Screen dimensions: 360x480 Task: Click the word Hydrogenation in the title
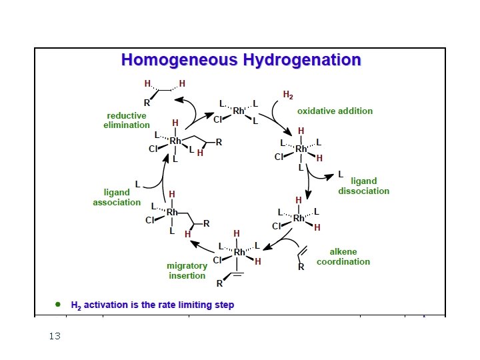[302, 60]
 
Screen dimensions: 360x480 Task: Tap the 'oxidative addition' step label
[335, 111]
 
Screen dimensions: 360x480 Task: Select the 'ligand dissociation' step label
[363, 186]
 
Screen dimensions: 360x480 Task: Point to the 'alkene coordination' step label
[343, 257]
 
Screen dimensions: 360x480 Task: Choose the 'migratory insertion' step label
[187, 271]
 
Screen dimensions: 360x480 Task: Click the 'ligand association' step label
[117, 197]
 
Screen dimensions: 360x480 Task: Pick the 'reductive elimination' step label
[127, 120]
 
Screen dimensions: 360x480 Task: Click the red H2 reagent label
[288, 95]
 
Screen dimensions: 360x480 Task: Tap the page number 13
[55, 336]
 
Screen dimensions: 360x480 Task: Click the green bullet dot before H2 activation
[58, 304]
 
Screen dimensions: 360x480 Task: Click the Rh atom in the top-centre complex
[239, 111]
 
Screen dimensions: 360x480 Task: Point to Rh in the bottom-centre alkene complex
[239, 252]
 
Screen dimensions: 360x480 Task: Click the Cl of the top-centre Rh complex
[218, 120]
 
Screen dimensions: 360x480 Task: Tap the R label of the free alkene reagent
[301, 267]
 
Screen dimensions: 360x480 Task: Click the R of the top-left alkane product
[147, 103]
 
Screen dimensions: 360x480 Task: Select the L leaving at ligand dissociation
[340, 175]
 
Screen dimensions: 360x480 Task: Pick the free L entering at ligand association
[138, 184]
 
